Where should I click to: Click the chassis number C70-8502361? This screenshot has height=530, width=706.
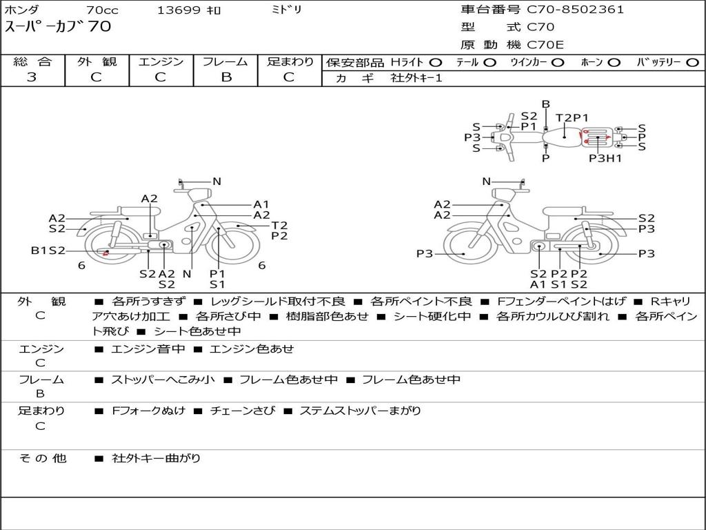576,10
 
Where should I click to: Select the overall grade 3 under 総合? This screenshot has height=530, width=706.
32,77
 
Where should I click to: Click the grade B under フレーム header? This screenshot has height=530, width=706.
226,77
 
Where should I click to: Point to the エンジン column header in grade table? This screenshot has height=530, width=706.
161,61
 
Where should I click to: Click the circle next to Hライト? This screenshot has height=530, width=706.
436,63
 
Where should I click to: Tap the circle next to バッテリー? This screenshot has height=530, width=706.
692,63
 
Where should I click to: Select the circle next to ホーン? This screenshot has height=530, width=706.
614,63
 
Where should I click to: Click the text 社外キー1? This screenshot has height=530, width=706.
416,78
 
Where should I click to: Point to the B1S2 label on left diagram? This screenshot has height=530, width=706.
48,250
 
